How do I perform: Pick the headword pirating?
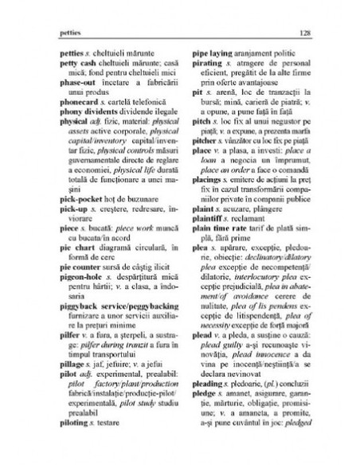point(207,71)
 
